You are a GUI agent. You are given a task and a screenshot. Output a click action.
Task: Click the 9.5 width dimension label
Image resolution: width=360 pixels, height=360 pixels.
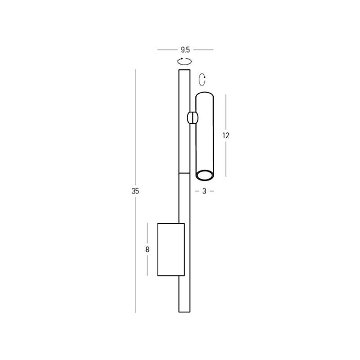point(185,49)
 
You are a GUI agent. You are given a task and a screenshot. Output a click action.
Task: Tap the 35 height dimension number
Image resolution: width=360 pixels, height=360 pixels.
point(135,191)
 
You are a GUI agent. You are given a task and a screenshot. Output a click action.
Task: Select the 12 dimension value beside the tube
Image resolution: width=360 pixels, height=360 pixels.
point(226,136)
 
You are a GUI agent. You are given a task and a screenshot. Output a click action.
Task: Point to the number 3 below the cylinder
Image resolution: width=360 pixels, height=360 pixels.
point(204,191)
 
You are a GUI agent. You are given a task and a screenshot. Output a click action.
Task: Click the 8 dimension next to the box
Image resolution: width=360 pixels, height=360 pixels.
point(148,249)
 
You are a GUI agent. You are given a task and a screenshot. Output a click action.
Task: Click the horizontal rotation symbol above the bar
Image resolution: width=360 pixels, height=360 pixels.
point(184,61)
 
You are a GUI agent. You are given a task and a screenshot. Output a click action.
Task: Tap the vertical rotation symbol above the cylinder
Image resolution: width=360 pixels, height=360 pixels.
point(202,80)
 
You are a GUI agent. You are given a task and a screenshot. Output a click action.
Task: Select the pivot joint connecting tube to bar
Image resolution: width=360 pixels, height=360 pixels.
point(192,118)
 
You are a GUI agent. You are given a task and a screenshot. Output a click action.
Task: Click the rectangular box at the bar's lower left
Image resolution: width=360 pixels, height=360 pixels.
point(171,249)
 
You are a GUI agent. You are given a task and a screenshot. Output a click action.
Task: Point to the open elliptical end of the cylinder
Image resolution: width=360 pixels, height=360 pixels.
point(204,175)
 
